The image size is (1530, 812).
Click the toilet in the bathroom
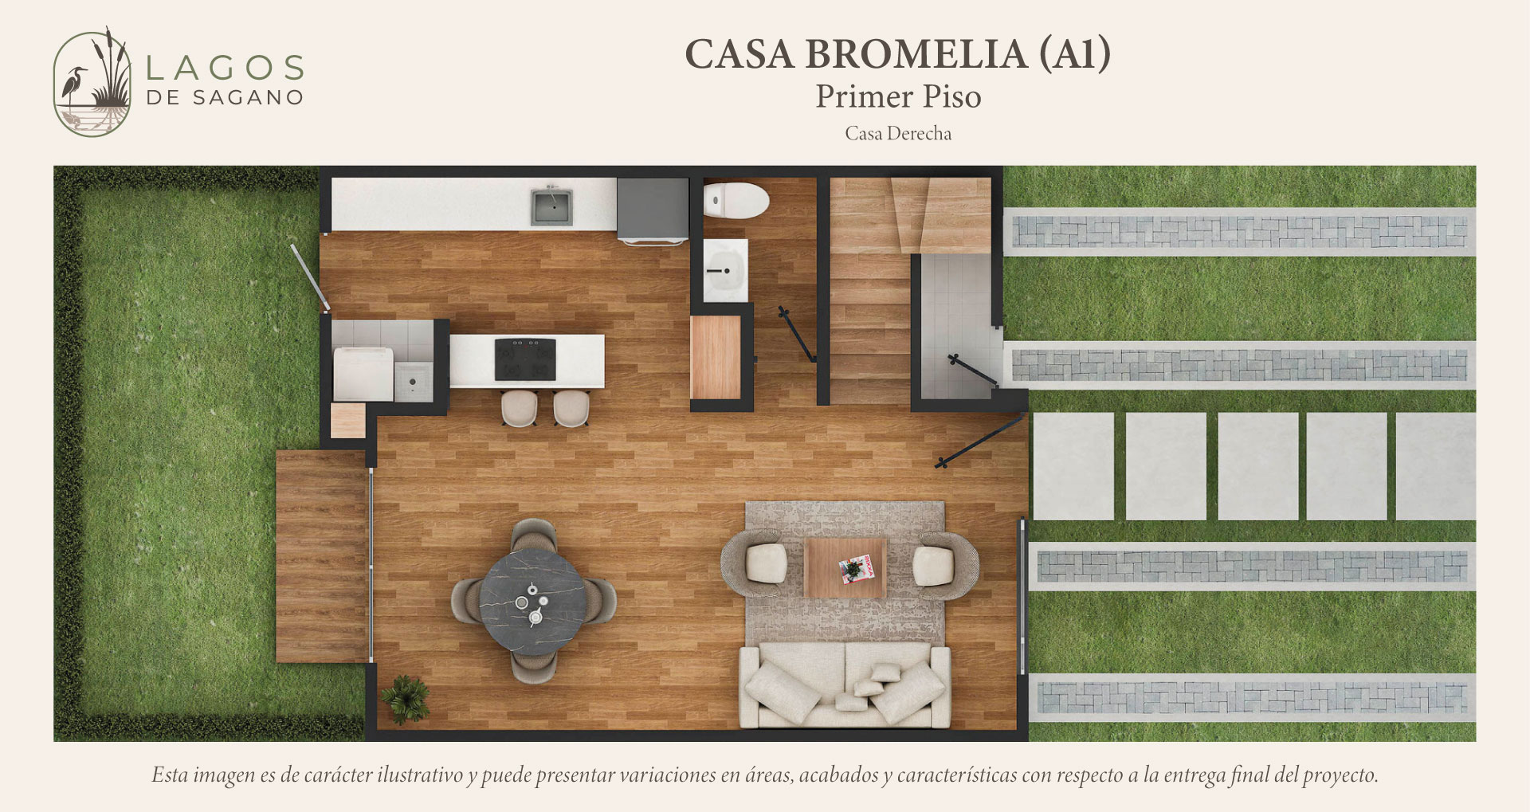point(736,199)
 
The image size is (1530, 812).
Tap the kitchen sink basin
point(552,206)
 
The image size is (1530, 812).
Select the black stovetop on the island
point(525,359)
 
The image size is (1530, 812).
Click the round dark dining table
point(533,602)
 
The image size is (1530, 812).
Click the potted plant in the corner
point(406,699)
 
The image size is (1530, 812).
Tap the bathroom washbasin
point(725,270)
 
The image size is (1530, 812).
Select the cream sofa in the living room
point(845,685)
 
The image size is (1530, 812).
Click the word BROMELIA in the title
point(916,54)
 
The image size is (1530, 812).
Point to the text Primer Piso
point(898,96)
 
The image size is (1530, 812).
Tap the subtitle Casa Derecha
point(898,133)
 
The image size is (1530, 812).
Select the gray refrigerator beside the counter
point(653,210)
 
